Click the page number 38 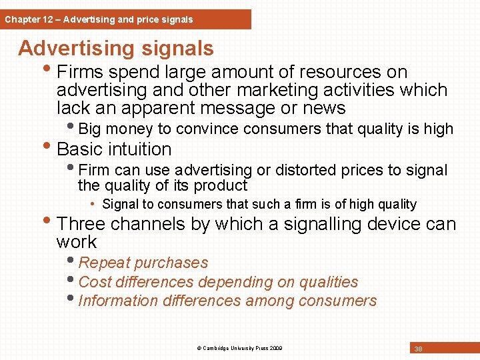[419, 349]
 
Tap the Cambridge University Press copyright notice [239, 348]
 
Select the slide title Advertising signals [116, 48]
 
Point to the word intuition [139, 149]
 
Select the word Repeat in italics [103, 263]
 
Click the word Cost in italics [94, 282]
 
